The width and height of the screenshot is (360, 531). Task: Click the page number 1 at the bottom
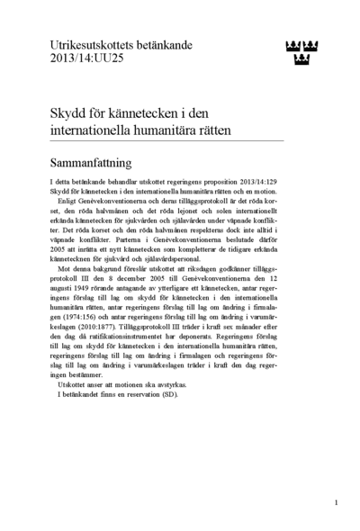click(336, 501)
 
